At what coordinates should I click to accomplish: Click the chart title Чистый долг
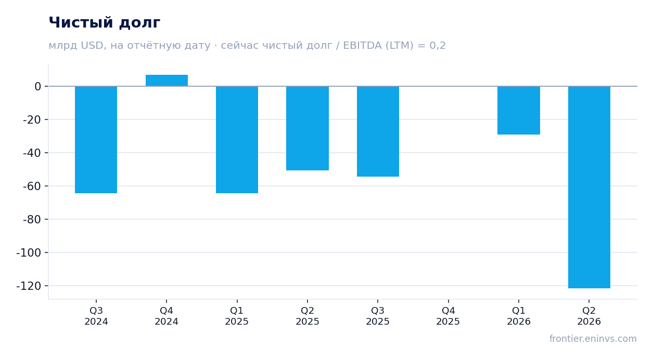coord(105,23)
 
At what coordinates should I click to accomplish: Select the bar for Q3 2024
coord(96,140)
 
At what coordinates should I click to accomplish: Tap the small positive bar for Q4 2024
coord(167,81)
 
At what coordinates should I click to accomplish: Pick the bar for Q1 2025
coord(237,140)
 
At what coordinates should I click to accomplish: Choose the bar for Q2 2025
coord(308,128)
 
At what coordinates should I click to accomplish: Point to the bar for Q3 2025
coord(378,131)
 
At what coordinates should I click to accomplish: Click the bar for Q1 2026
coord(519,110)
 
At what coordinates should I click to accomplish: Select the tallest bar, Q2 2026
coord(589,188)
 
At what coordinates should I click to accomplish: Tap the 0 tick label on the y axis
coord(37,86)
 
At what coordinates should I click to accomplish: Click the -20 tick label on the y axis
coord(32,119)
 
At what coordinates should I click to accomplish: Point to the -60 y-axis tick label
coord(32,186)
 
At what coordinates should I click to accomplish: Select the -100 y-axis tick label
coord(29,252)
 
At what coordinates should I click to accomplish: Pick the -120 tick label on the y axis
coord(29,286)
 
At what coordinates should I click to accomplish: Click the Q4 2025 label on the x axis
coord(448,316)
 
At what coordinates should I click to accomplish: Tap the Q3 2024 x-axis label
coord(96,316)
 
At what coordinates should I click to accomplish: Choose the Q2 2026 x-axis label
coord(589,316)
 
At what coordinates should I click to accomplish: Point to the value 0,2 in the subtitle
coord(438,46)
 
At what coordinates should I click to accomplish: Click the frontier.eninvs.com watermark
coord(593,339)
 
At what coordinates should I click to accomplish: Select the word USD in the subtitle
coord(92,46)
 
